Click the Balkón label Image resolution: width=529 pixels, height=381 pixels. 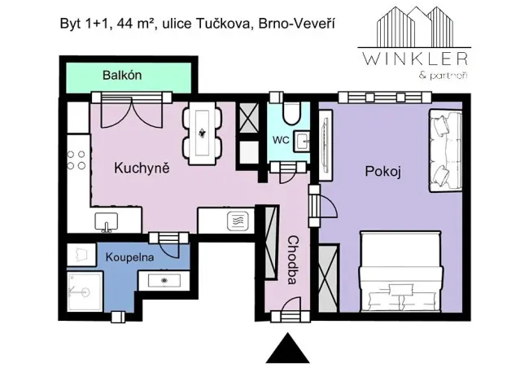click(123, 76)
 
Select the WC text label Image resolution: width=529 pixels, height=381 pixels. click(280, 139)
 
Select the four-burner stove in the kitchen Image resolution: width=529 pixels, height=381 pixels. click(77, 160)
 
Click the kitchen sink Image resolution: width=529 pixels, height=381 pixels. click(105, 221)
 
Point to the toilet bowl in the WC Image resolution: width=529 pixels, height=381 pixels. click(294, 112)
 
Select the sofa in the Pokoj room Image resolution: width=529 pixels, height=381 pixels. click(446, 151)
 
